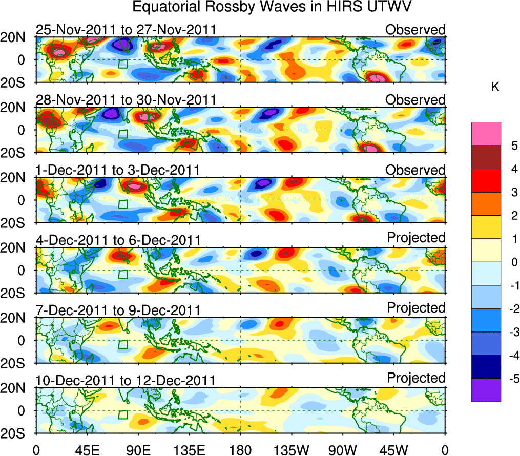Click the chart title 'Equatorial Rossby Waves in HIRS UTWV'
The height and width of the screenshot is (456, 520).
tap(273, 8)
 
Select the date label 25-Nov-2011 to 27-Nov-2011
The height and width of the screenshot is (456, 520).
tap(126, 30)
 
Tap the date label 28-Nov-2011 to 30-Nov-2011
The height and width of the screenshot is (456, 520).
tap(126, 100)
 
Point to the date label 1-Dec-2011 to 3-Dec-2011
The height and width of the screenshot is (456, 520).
tap(118, 170)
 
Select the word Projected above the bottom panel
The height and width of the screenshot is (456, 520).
tap(416, 378)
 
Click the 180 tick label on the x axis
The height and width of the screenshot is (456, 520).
tap(240, 449)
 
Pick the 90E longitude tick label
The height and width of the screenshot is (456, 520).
tap(138, 449)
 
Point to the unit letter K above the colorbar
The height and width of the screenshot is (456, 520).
tap(495, 87)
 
